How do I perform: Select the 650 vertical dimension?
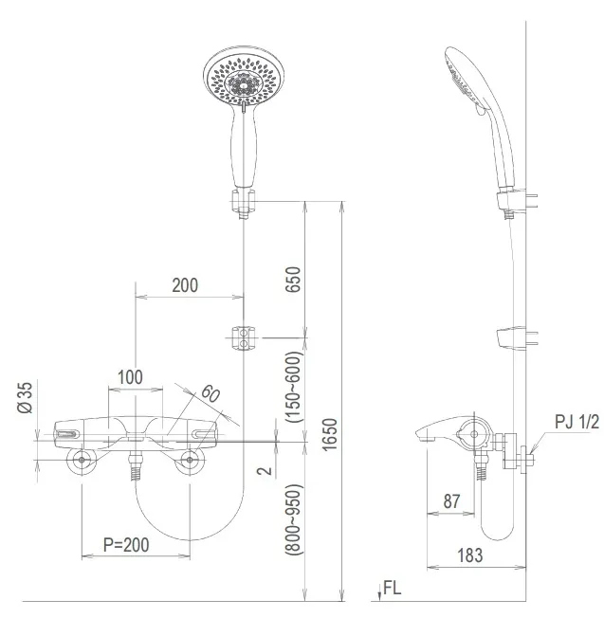[293, 282]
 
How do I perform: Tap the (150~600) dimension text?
[293, 386]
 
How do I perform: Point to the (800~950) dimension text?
[293, 527]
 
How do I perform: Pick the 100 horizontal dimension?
[130, 377]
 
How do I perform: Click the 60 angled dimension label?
[210, 393]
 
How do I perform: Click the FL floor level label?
[392, 588]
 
